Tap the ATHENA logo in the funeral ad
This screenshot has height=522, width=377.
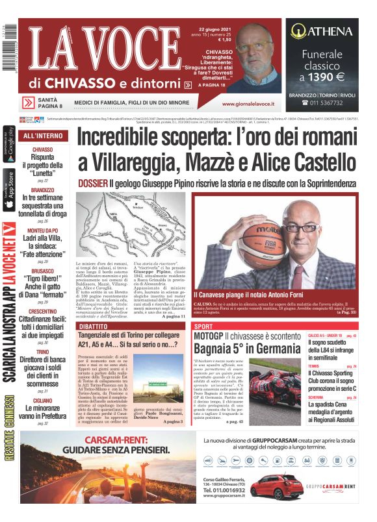tap(322, 30)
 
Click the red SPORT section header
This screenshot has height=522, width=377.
tap(204, 327)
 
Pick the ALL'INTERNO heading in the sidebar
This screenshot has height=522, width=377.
tap(43, 136)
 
